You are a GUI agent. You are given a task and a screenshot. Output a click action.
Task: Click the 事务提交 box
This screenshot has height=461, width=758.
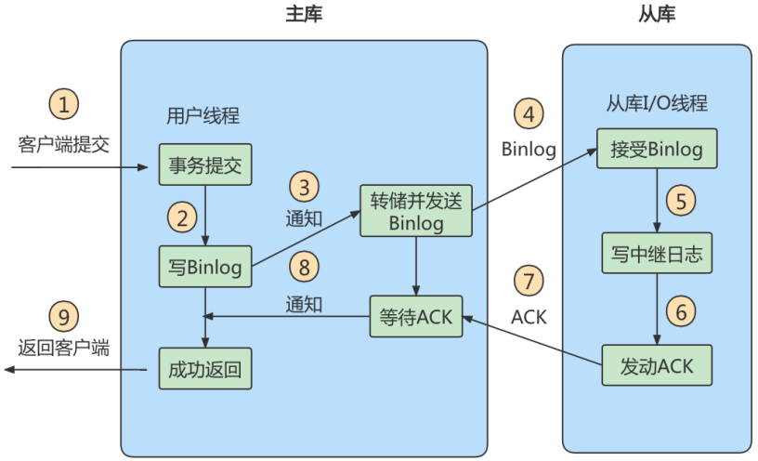point(204,165)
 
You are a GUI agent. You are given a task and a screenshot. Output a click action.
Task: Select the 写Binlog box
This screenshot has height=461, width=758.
point(204,268)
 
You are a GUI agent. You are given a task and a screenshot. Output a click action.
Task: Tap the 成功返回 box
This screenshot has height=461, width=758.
point(204,369)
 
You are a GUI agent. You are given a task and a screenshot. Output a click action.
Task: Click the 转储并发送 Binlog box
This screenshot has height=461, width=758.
point(415,211)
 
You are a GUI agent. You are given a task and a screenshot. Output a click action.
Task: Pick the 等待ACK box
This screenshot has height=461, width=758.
point(415,316)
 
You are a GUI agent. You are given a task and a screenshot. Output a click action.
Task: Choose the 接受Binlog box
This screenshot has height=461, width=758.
point(657,149)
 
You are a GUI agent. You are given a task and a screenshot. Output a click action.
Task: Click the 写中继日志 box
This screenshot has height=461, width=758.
point(657,254)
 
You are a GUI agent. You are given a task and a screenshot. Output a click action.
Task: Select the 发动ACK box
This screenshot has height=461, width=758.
point(657,365)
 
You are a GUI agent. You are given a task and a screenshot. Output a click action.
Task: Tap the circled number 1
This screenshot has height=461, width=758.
point(63,104)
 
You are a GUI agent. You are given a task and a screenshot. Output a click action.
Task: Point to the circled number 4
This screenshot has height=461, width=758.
point(529,115)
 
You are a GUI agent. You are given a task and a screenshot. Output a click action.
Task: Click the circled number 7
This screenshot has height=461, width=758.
point(529,281)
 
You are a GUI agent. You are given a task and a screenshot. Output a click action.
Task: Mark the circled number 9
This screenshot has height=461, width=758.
point(63,317)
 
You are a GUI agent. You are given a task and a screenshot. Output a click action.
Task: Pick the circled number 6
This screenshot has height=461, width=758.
point(682,312)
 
